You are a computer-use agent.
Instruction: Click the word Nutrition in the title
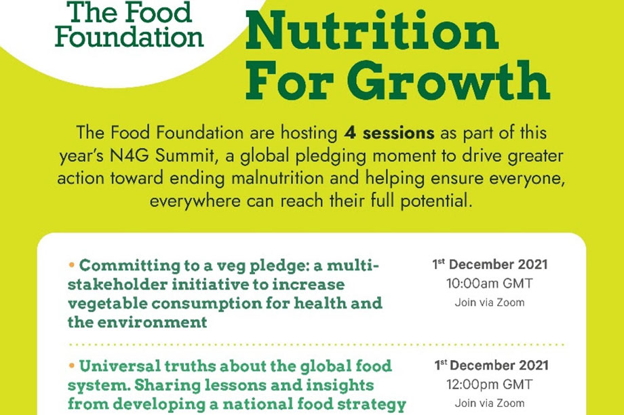[372, 31]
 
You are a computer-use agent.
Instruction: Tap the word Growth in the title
[448, 81]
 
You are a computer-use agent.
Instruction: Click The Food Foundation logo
[130, 24]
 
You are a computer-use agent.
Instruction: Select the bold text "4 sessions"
[389, 133]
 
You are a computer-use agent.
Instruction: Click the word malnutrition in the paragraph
[277, 178]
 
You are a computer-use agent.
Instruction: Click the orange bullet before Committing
[72, 264]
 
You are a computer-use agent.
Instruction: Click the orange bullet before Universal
[72, 365]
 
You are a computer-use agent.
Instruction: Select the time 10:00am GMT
[490, 283]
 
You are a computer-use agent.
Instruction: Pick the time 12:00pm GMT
[490, 384]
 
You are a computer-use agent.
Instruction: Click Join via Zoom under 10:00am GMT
[490, 302]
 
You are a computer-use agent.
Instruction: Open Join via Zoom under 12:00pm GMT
[490, 403]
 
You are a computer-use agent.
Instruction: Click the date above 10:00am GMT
[490, 264]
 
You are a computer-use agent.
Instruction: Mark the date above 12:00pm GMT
[491, 365]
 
